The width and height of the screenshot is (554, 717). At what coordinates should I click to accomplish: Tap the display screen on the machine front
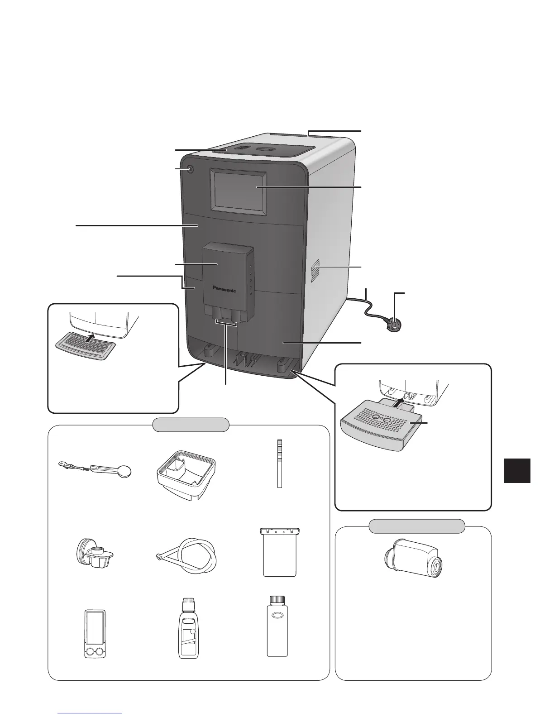238,187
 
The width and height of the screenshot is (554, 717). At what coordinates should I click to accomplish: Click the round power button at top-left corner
189,170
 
